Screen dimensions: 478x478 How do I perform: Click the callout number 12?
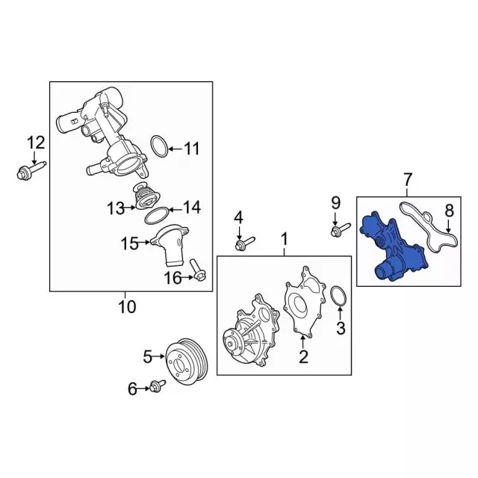click(36, 143)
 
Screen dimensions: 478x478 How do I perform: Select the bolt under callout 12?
click(31, 171)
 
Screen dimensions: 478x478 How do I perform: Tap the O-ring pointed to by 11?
click(159, 146)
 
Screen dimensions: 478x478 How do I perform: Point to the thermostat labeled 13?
click(143, 196)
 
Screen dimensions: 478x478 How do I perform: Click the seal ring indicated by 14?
click(156, 216)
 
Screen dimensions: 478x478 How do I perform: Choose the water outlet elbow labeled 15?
click(172, 246)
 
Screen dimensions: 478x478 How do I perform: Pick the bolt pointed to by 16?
click(198, 270)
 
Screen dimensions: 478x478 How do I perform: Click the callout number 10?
click(127, 307)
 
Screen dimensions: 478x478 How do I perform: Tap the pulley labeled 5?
click(187, 361)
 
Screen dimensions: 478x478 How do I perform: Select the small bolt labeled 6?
click(158, 386)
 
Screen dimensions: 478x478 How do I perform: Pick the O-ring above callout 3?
click(338, 295)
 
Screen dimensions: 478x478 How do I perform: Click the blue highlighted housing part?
click(394, 247)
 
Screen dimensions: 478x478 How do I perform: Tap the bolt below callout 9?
click(341, 229)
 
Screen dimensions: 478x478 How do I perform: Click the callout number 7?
click(408, 179)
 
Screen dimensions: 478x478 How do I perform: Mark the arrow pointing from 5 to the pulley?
click(158, 356)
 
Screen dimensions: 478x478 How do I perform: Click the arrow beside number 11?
click(176, 149)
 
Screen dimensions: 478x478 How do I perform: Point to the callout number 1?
click(284, 239)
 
